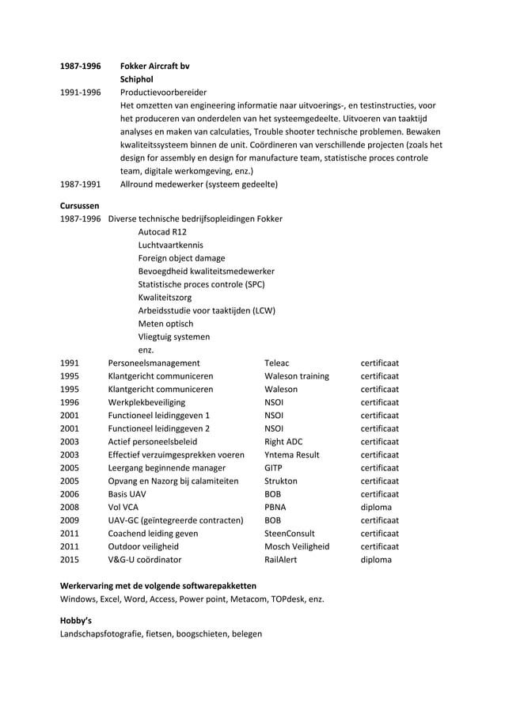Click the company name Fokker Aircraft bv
pos(154,66)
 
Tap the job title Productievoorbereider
pos(163,93)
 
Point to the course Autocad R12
pos(162,232)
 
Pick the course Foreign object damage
pos(181,258)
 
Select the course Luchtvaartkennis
pos(170,245)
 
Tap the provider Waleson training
pos(297,376)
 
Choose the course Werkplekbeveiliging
pos(146,402)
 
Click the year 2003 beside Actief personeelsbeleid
pos(70,441)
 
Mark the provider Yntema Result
pos(292,454)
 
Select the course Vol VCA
pos(123,507)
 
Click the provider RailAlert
pos(281,559)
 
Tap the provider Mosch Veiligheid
pos(297,546)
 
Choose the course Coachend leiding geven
pos(154,533)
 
